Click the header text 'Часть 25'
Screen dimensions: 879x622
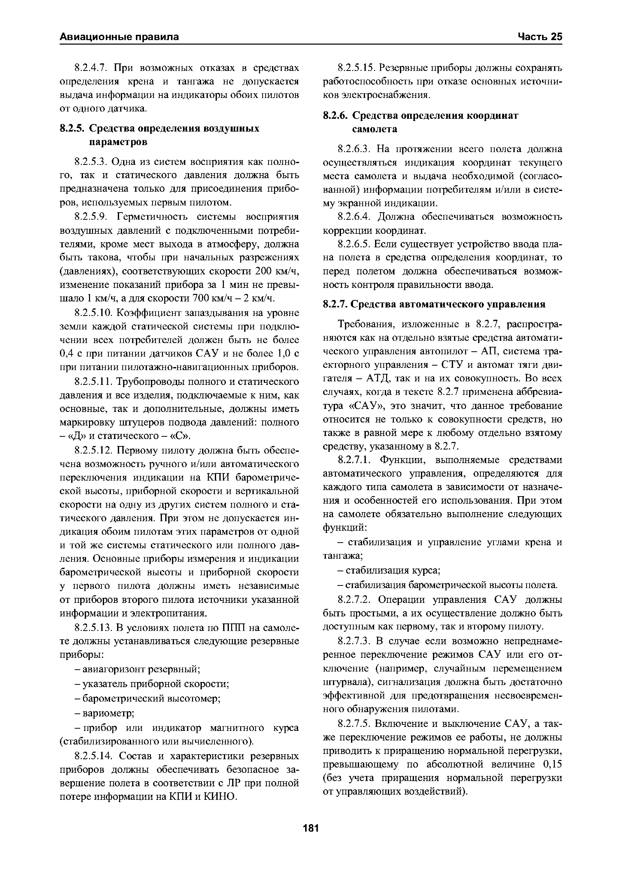tap(540, 37)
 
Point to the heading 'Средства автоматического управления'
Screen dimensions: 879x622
tap(448, 304)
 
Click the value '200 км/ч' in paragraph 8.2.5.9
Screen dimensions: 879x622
tap(276, 271)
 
